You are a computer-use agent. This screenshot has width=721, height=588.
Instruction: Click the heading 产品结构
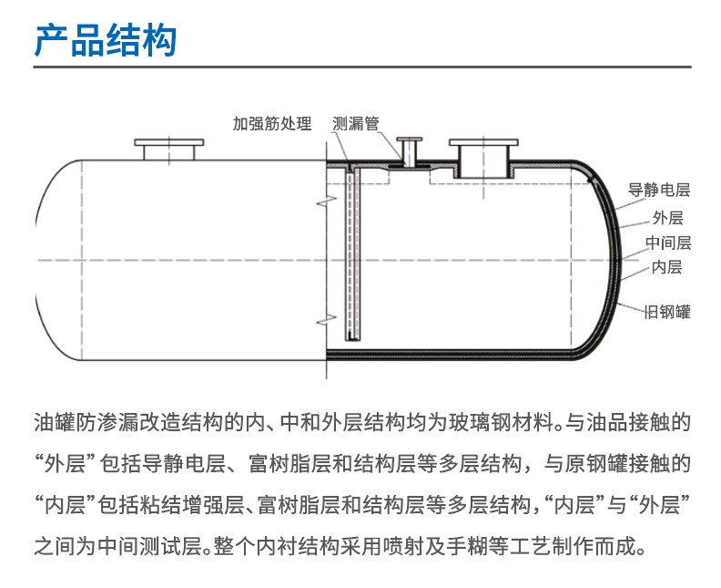tap(106, 40)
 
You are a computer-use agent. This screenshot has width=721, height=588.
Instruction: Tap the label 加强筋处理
tap(272, 123)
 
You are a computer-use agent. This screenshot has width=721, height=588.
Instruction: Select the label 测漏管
tap(356, 123)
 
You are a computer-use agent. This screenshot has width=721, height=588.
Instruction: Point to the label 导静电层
tap(659, 190)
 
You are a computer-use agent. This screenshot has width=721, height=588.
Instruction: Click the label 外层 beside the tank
tap(667, 217)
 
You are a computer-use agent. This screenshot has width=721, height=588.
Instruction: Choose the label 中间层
tap(668, 242)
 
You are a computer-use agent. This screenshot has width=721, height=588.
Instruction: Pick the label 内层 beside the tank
tap(666, 267)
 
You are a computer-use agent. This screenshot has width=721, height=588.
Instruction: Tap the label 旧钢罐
tap(667, 312)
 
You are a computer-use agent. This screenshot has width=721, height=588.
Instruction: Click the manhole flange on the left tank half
tap(169, 150)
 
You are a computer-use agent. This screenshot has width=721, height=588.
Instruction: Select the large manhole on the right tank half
tap(483, 159)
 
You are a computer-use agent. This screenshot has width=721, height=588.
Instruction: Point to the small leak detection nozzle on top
tap(410, 152)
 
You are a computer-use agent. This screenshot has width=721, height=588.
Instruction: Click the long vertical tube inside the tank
tap(353, 254)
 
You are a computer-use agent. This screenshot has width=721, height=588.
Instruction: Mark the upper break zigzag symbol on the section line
tap(327, 201)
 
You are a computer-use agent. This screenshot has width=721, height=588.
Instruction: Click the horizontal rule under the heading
tap(362, 67)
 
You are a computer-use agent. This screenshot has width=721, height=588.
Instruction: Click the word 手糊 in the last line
tap(468, 546)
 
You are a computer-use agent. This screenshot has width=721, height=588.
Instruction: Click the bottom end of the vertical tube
tap(353, 340)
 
